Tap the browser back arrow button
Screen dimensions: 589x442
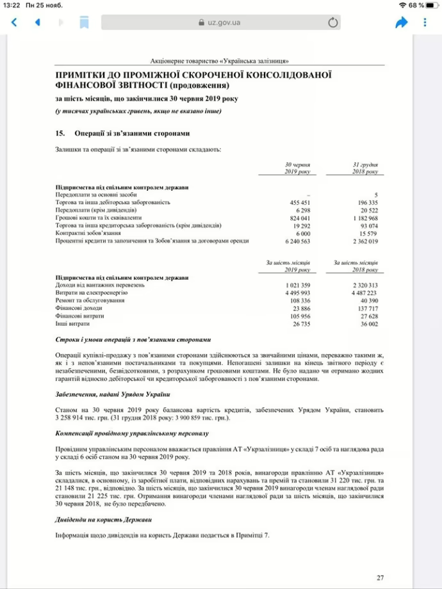[14, 22]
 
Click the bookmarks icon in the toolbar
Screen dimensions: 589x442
[84, 22]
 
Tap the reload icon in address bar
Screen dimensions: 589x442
[332, 23]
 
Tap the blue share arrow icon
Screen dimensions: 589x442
[402, 22]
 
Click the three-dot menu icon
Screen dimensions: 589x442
[425, 22]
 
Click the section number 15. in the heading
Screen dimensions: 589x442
[61, 133]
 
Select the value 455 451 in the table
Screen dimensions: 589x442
[300, 202]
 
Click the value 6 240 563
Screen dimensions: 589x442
[297, 241]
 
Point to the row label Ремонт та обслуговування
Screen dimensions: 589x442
[90, 300]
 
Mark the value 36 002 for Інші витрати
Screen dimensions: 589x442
[368, 323]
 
